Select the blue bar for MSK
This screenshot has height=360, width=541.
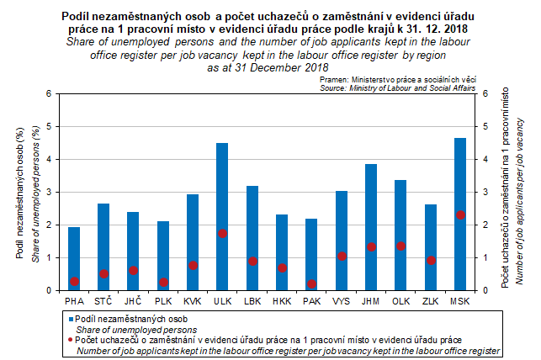point(460,214)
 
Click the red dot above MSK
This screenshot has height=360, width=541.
point(460,215)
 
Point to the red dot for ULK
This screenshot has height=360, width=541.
point(222,233)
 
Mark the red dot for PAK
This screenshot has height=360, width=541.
point(312,284)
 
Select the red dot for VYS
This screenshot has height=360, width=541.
point(342,257)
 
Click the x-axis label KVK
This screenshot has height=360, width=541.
point(193,300)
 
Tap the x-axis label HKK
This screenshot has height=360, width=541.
point(282,300)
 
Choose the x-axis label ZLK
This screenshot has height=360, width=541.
point(431,300)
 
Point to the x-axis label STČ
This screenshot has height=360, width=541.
point(103,300)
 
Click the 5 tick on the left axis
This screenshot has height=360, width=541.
point(48,127)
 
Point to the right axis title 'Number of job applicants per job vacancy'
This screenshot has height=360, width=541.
point(519,193)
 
